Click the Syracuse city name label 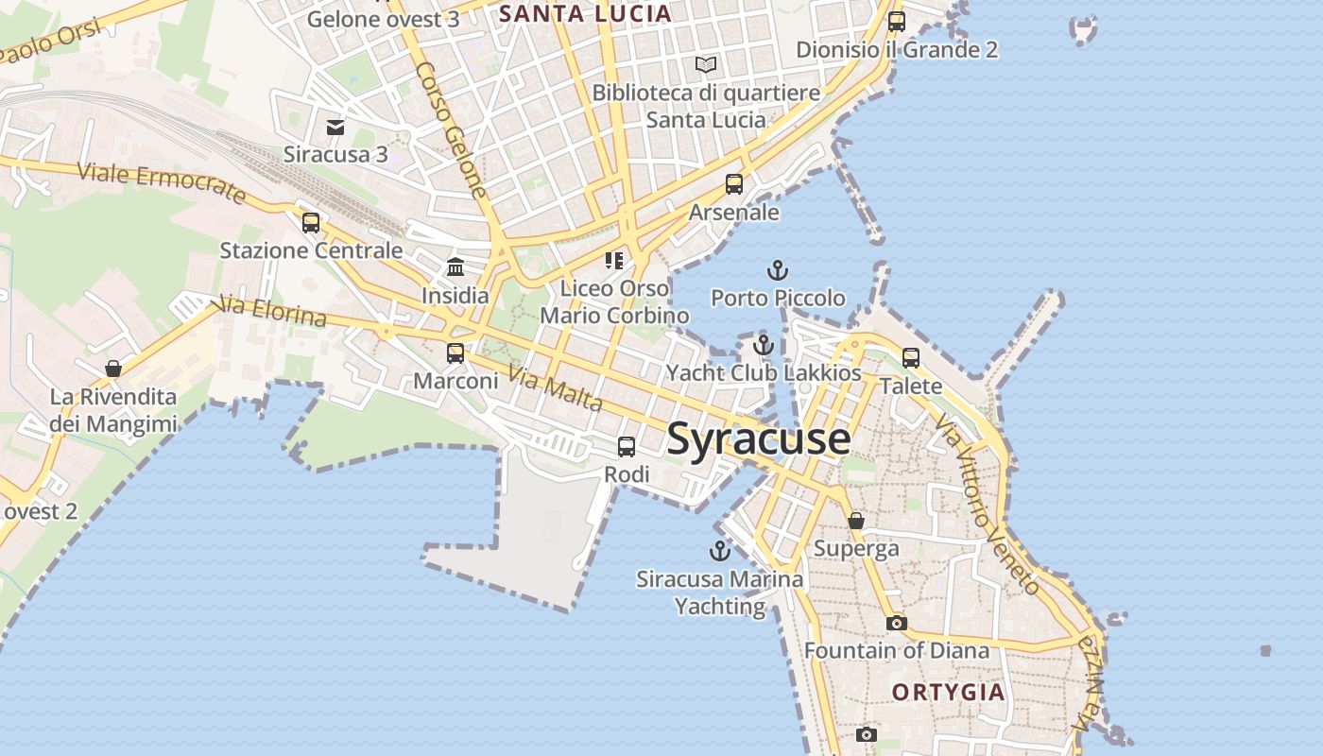tap(759, 439)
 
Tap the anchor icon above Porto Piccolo tap(777, 271)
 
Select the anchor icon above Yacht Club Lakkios tap(764, 345)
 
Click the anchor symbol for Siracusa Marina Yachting tap(720, 551)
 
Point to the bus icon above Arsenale tap(734, 184)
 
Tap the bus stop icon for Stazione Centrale tap(311, 223)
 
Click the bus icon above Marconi tap(455, 353)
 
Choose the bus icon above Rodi tap(627, 447)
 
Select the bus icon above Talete tap(911, 358)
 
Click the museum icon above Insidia tap(455, 266)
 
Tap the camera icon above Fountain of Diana tap(896, 623)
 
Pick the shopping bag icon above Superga tap(856, 521)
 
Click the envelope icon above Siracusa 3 tap(335, 127)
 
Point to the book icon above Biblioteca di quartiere tap(706, 64)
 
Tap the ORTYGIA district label tap(948, 693)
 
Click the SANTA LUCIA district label tap(585, 13)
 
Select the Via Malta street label tap(555, 388)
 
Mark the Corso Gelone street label tap(451, 129)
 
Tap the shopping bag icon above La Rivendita tap(113, 369)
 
